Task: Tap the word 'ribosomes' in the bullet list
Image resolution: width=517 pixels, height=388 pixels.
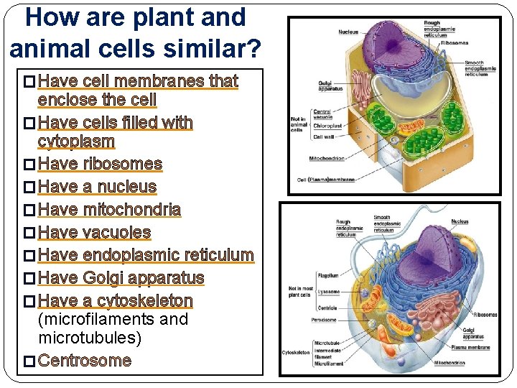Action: (x=122, y=164)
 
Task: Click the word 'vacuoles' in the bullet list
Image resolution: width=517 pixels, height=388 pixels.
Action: (x=116, y=232)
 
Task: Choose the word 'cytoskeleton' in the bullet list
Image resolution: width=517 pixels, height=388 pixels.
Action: (x=145, y=300)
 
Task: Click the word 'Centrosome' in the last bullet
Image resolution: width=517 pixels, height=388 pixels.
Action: (x=84, y=360)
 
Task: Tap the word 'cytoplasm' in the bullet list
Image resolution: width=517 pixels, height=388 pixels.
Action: (x=75, y=141)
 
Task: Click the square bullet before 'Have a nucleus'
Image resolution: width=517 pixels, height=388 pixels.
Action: (x=29, y=188)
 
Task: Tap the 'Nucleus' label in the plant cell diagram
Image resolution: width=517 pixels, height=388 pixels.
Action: (x=348, y=32)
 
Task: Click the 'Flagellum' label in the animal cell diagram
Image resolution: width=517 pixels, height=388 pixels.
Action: (x=328, y=275)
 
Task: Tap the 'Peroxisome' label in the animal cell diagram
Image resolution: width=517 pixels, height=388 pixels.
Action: (x=325, y=318)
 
